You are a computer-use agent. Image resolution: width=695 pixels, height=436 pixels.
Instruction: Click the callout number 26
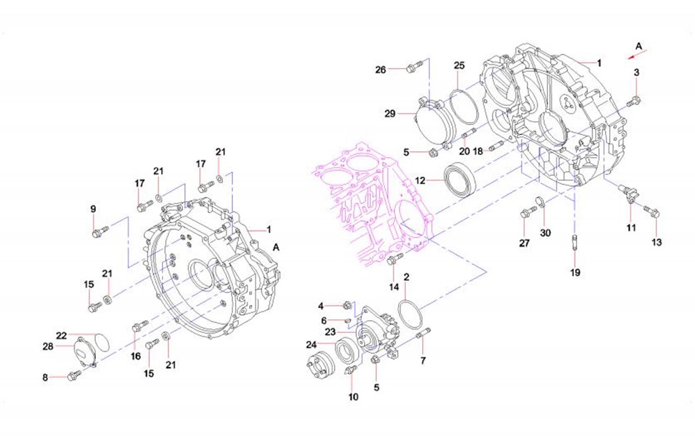(x=381, y=70)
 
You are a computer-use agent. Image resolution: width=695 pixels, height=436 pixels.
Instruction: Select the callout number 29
(x=389, y=114)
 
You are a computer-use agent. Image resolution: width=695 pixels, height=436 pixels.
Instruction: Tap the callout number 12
(x=420, y=180)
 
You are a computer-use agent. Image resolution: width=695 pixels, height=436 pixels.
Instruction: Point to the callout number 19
(x=575, y=272)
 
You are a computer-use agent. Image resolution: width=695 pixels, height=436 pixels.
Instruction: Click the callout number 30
(x=545, y=232)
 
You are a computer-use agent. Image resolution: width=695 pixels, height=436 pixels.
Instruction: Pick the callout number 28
(x=48, y=346)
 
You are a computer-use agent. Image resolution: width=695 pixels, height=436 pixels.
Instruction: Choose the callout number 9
(x=93, y=209)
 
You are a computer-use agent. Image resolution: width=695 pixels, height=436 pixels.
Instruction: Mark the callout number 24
(x=311, y=344)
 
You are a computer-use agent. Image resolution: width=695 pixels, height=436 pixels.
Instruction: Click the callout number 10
(x=353, y=397)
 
